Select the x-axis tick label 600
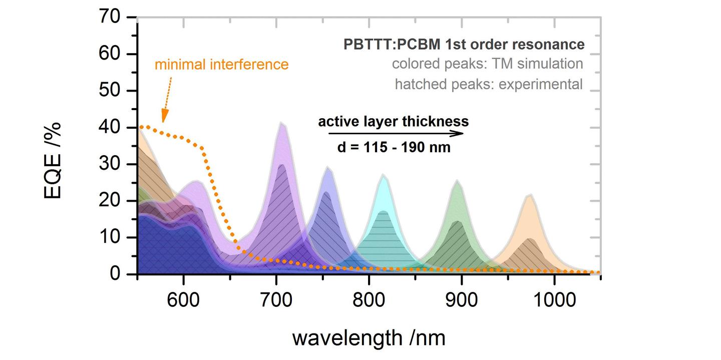pos(184,301)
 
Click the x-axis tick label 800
pos(369,301)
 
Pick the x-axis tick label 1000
pos(554,301)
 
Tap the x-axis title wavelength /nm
pos(369,338)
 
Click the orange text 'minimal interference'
pos(222,65)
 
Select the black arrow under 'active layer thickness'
pos(396,134)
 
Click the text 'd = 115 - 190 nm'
pos(394,148)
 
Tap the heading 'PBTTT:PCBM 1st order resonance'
pos(464,45)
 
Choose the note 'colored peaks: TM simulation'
pos(487,64)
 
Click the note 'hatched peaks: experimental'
pos(489,84)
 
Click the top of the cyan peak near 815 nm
pos(383,175)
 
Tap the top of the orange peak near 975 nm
pos(530,195)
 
